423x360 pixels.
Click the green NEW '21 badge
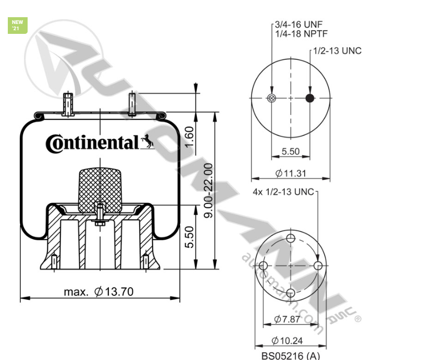17,25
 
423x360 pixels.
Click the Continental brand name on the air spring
92,143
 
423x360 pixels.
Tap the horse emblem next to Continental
147,141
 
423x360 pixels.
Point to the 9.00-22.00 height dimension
208,190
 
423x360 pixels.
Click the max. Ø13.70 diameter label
99,292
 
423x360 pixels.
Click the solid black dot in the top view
310,99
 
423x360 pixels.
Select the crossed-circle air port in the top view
271,99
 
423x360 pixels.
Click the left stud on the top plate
67,104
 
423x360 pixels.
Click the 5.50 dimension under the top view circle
291,151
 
